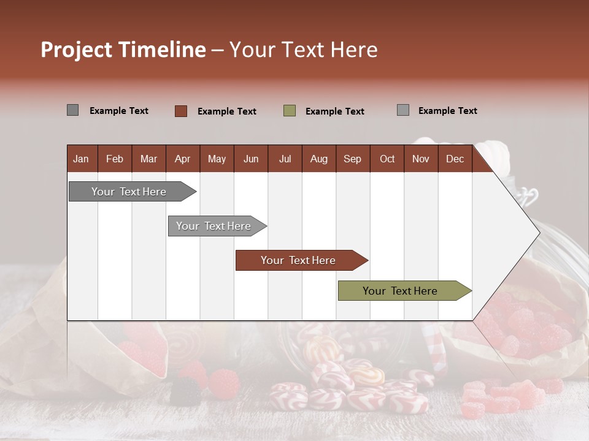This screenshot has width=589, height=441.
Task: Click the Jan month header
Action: [81, 159]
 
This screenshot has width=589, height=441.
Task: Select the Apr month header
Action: [182, 159]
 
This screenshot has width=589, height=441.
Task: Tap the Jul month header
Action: [285, 159]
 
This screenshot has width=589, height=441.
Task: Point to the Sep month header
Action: [352, 159]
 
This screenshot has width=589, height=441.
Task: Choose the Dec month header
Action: [455, 159]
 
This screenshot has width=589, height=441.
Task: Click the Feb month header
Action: [115, 159]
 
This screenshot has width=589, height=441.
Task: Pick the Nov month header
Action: [420, 159]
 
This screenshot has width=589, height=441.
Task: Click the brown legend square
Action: [181, 111]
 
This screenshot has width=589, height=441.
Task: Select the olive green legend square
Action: [290, 111]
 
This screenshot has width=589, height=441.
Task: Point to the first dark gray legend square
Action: [72, 110]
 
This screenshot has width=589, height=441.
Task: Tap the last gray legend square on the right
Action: [403, 110]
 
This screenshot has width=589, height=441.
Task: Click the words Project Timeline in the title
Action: [123, 50]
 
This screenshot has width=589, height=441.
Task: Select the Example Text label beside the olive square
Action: [334, 111]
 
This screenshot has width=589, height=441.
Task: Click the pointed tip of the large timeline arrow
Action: [537, 233]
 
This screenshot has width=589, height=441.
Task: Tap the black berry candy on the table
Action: [185, 391]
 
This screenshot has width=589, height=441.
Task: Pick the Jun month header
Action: [250, 159]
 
